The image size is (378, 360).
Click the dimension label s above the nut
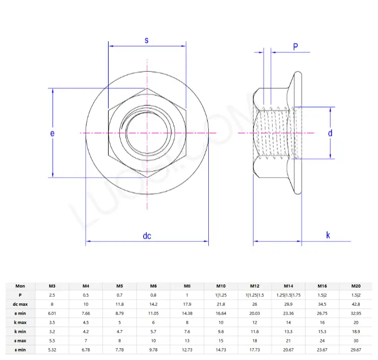pos(147,40)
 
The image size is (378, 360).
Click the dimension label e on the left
pos(52,133)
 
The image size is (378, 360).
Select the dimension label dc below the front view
pos(147,235)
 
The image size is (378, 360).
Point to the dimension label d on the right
pos(330,133)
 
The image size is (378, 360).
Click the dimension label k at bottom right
pos(328,235)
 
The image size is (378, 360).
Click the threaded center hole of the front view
pos(147,132)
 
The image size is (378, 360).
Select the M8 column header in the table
pos(187,286)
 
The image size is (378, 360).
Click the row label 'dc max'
pos(20,305)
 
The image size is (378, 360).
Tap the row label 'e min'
pos(20,314)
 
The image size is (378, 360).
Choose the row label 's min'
pos(20,349)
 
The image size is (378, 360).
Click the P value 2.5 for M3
pos(53,295)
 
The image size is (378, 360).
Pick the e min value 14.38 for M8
pos(187,314)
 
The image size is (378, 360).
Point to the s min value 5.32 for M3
pos(53,349)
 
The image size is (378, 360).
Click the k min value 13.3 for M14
pos(289,331)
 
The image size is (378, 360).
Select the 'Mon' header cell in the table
pos(20,286)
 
